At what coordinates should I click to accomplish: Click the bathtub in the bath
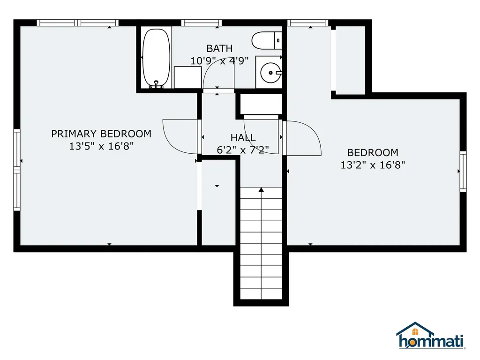coord(156,58)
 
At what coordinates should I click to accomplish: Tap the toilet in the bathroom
coord(267,40)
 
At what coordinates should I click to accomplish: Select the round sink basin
coord(270,73)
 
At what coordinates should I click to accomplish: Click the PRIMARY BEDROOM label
coord(101,134)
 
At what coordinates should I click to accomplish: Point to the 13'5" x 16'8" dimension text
coord(101,146)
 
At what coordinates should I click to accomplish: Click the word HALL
coord(243,137)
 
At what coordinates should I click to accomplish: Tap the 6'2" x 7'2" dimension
coord(243,150)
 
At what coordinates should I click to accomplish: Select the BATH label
coord(219,48)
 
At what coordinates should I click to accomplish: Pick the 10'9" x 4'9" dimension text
coord(219,61)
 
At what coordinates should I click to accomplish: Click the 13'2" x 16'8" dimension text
coord(373,165)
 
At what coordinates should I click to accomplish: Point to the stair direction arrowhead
coord(261,190)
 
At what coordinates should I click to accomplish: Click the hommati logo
coord(431,336)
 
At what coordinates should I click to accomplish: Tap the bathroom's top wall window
coord(202,22)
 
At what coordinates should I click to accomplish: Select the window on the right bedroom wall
coord(463,172)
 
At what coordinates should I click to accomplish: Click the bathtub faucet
coord(157,84)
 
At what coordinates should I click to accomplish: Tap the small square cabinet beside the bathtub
coord(187,77)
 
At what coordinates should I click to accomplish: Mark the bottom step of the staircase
coord(261,294)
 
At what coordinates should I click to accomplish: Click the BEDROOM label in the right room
coord(373,152)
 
